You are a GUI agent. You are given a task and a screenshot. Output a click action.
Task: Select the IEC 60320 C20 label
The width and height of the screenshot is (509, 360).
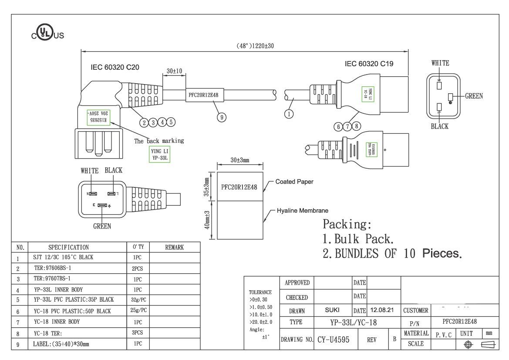[x=115, y=67]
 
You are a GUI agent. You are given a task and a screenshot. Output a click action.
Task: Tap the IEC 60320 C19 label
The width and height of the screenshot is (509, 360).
[x=369, y=64]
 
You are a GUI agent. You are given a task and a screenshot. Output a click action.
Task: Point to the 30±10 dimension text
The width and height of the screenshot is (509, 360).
[x=174, y=71]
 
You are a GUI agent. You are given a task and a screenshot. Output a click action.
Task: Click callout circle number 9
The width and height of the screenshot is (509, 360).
[x=221, y=117]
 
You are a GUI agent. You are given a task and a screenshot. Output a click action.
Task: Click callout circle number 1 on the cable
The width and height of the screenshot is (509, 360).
[x=289, y=114]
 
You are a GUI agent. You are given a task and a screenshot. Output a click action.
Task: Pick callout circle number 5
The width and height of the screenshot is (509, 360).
[x=171, y=122]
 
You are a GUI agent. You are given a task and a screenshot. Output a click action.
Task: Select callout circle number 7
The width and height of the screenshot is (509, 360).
[x=347, y=126]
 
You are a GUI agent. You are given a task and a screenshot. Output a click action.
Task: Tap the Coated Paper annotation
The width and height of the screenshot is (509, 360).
[x=294, y=181]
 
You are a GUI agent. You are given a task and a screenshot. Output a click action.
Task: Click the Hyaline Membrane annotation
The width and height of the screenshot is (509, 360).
[x=303, y=211]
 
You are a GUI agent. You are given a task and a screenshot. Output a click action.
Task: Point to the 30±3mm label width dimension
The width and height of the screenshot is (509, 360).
[x=240, y=160]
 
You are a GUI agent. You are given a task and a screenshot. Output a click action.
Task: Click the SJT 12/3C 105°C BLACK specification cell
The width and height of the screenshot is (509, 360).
[x=63, y=257]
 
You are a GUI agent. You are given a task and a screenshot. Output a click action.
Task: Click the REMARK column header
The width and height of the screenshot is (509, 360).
[x=174, y=247]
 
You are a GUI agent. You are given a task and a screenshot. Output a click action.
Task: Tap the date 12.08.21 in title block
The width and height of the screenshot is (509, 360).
[x=382, y=310]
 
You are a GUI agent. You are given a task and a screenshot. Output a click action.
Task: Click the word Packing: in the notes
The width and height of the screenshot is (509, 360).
[x=347, y=224]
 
